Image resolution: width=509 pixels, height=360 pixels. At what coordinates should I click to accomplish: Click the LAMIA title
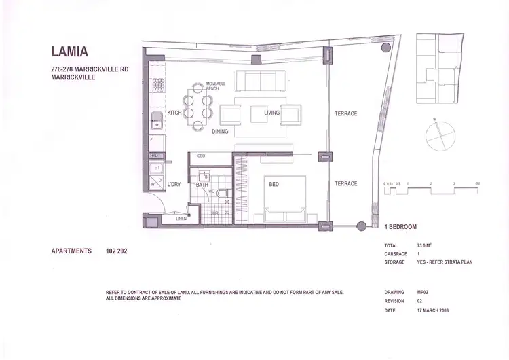69,52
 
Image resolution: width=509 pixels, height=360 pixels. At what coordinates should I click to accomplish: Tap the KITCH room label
175,113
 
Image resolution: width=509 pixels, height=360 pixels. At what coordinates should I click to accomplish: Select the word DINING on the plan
220,131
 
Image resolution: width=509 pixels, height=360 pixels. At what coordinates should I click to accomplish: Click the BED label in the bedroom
274,184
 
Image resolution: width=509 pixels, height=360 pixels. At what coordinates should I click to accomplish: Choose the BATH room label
202,184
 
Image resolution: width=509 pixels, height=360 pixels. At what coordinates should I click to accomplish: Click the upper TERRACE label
345,113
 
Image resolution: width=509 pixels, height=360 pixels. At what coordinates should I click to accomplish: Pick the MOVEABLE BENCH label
217,86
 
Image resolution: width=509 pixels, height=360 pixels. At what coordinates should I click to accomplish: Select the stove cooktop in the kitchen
156,86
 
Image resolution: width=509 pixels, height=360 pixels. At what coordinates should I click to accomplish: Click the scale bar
431,191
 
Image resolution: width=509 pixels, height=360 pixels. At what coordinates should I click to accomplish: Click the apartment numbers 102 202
117,251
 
